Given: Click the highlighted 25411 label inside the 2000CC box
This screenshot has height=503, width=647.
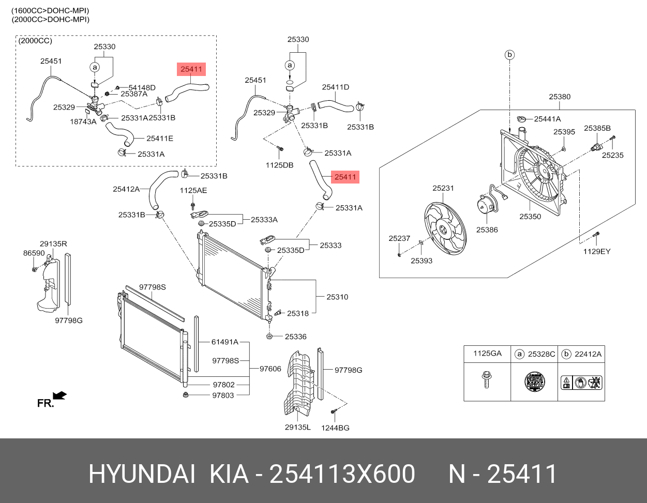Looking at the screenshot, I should tap(191, 69).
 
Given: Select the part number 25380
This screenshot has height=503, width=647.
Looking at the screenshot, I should tap(560, 97).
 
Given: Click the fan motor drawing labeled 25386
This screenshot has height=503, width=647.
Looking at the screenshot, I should tap(486, 206).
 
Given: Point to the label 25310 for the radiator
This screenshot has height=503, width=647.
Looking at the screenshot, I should tap(337, 297).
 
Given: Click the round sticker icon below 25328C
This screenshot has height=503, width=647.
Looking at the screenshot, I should tap(534, 383).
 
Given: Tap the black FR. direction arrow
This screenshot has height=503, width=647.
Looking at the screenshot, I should tap(59, 395).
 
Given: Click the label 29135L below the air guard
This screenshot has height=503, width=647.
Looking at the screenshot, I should tap(297, 428).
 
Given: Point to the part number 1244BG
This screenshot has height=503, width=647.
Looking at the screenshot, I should tap(335, 428).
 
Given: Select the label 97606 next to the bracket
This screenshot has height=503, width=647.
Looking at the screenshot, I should tap(270, 369).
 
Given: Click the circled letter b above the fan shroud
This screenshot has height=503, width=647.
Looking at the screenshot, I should tap(509, 54).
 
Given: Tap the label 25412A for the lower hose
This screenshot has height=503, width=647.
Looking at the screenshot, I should tap(126, 189).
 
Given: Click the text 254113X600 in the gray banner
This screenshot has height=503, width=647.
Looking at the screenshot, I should tap(342, 474).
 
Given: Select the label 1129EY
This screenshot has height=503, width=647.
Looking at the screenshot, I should tap(597, 251).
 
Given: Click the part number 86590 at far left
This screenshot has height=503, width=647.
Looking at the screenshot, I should tap(34, 253).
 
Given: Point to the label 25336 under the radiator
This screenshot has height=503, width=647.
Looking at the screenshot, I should tap(295, 337).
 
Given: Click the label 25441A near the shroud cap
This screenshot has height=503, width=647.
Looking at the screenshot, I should tap(547, 119).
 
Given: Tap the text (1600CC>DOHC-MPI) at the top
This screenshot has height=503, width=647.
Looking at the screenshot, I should tap(50, 10).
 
